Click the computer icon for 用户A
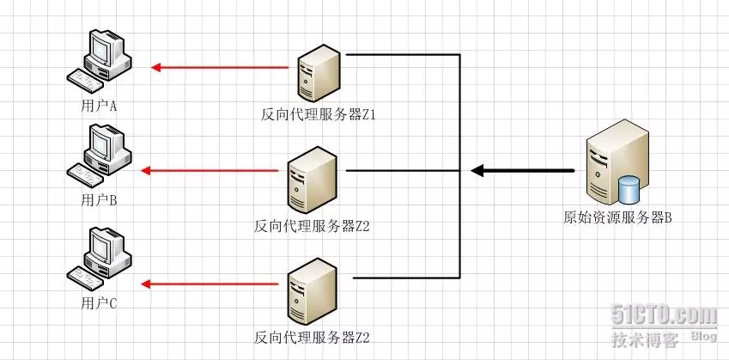(101, 60)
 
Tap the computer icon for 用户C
(100, 259)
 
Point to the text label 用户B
(99, 200)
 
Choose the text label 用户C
(99, 302)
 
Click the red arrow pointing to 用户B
(210, 171)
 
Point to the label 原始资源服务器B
(617, 217)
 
